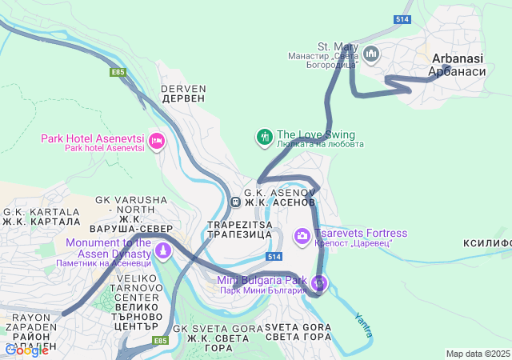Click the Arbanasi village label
click(x=456, y=65)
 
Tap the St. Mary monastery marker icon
click(x=370, y=54)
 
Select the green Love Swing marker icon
click(x=264, y=138)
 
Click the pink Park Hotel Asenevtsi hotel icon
click(x=157, y=142)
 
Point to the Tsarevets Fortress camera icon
click(x=302, y=235)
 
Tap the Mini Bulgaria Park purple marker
click(x=319, y=282)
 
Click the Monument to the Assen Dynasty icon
click(x=163, y=251)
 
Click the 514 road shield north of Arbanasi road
click(x=403, y=18)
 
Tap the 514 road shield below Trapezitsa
click(x=274, y=256)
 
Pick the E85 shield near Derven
click(x=118, y=72)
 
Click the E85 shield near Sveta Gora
click(x=160, y=341)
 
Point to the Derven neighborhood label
click(x=183, y=93)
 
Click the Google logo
click(x=27, y=350)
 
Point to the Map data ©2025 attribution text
click(x=477, y=354)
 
